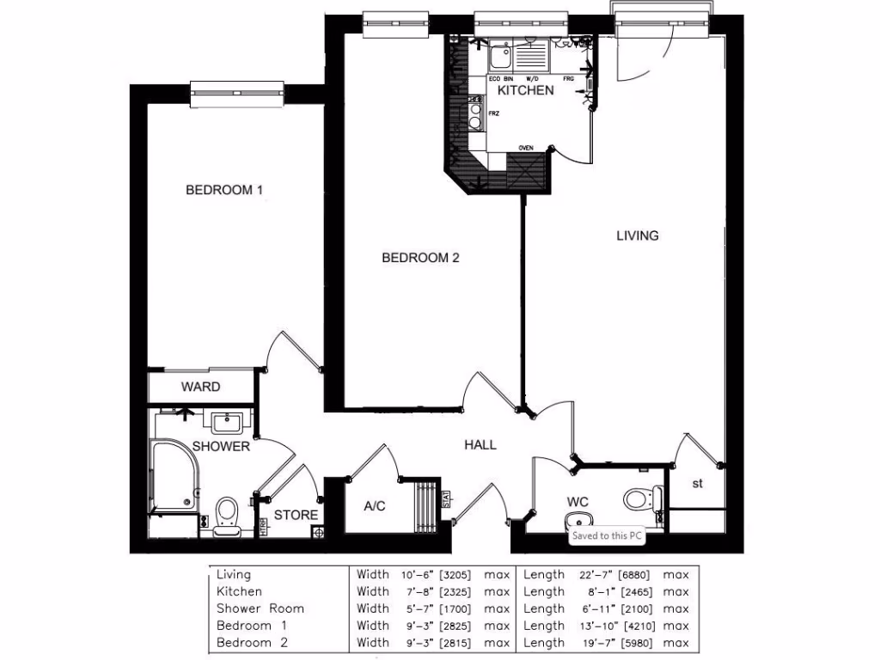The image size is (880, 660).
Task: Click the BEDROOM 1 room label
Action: tap(224, 190)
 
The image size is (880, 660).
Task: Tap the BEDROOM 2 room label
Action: tap(421, 258)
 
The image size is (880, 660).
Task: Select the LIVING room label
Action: tap(637, 235)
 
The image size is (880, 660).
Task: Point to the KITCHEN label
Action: tap(526, 90)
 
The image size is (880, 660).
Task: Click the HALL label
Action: tap(480, 444)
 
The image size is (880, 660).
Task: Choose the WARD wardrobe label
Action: tap(200, 387)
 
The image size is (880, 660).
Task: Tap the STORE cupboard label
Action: tap(296, 516)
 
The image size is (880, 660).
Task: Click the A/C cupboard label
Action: tap(375, 506)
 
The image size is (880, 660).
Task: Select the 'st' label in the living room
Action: tap(698, 484)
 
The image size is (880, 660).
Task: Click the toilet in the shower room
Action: tap(228, 514)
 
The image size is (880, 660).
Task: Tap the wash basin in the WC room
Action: tap(579, 521)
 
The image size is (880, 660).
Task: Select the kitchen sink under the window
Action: tap(499, 58)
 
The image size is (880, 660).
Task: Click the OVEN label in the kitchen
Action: tap(525, 148)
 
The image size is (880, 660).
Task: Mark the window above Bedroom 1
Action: tap(237, 93)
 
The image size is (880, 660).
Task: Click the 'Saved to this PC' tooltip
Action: tap(608, 535)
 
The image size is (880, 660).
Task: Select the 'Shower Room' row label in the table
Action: tap(260, 608)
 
